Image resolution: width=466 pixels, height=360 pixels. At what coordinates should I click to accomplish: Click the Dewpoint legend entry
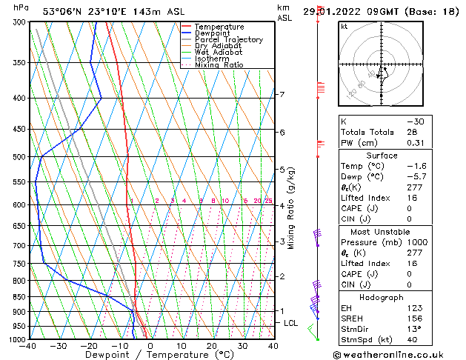coord(212,33)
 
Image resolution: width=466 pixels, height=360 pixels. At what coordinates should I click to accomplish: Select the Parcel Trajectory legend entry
coord(228,39)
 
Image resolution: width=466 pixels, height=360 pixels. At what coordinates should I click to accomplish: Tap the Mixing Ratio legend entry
coord(219,65)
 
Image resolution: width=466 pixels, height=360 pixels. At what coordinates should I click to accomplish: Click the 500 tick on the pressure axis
coord(20,157)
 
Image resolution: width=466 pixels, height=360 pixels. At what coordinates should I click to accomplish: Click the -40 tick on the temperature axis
coord(29,346)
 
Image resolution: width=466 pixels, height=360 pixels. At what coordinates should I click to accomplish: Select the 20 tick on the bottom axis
coord(212,346)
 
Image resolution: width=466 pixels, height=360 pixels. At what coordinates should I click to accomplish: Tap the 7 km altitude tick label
coord(282,95)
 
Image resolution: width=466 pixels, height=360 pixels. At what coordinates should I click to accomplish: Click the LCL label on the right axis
coord(291,324)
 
